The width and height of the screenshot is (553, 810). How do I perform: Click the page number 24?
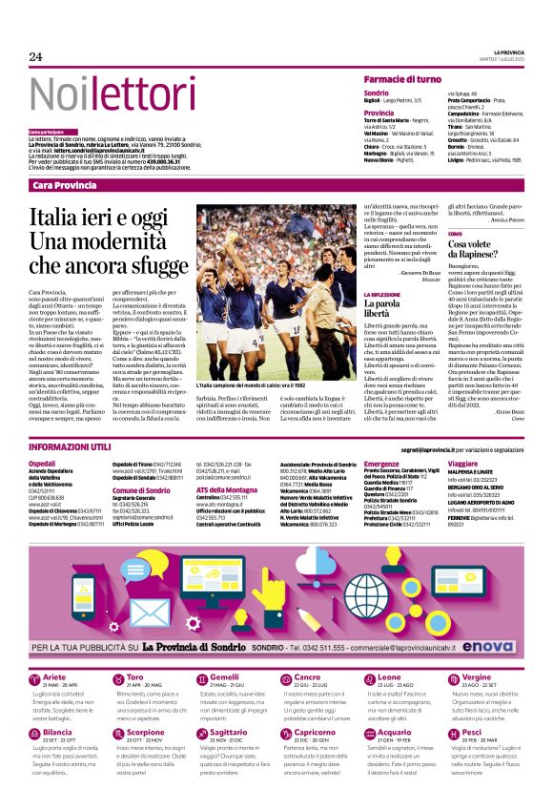pyautogui.click(x=36, y=57)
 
